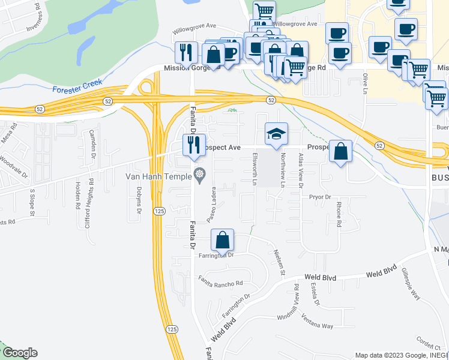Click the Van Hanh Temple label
point(158,176)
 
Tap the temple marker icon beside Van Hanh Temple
point(200,176)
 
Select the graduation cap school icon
point(276,134)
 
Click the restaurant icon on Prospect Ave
point(193,145)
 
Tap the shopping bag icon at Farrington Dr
point(222,241)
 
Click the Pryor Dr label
point(320,197)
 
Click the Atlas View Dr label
point(300,171)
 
